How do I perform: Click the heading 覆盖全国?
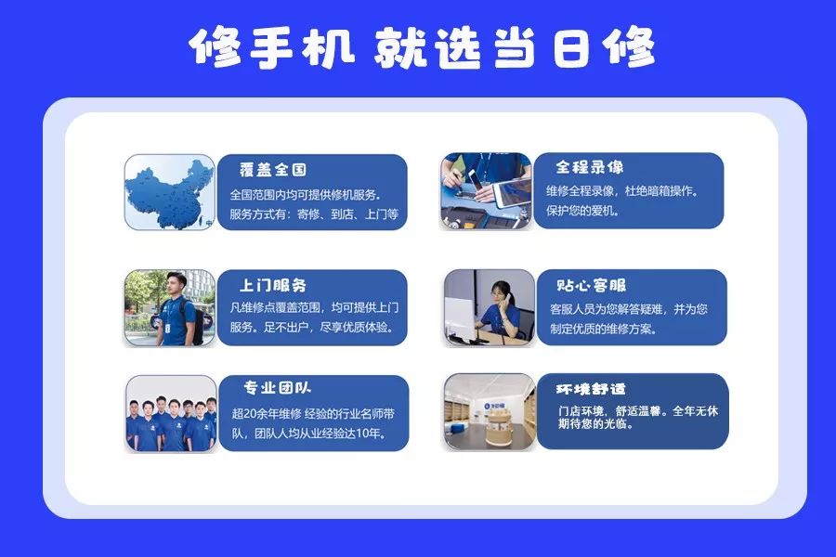272,170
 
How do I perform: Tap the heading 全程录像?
589,167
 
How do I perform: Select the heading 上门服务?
272,285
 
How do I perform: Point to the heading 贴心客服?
592,285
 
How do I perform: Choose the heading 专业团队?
277,387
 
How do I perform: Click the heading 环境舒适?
590,389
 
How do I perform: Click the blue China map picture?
170,192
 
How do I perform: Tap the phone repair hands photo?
486,191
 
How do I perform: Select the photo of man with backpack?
170,307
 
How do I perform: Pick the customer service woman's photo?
489,307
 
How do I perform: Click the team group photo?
171,413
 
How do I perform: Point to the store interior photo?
489,411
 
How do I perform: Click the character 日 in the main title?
571,48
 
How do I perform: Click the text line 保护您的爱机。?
582,211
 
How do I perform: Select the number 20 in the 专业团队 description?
251,414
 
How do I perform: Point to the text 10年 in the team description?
370,434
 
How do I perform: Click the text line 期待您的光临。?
595,425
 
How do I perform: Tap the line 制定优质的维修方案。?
604,329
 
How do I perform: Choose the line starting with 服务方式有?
314,214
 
